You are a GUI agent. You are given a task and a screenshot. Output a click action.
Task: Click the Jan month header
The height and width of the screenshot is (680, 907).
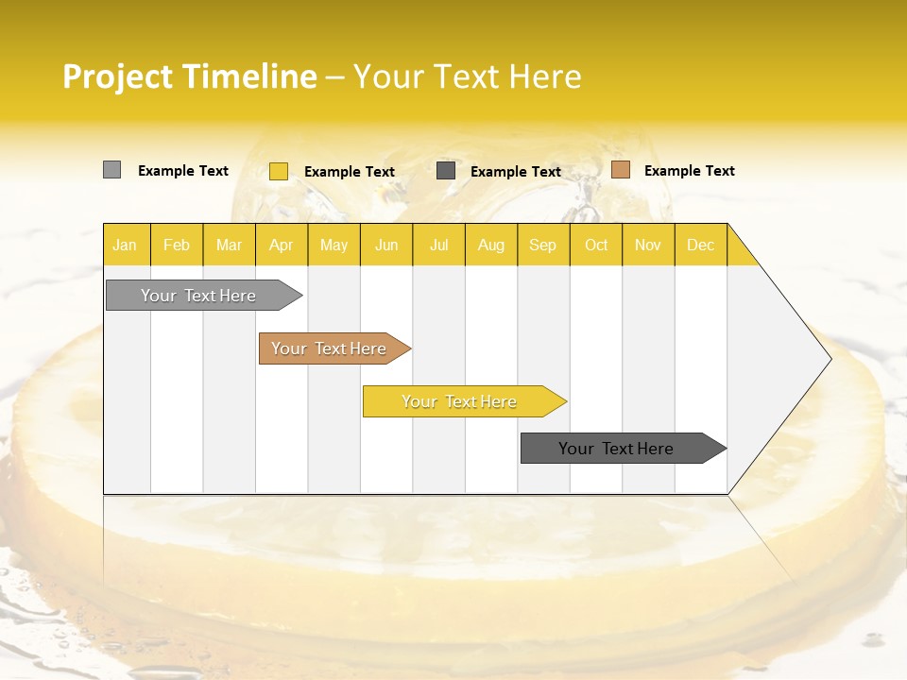click(x=126, y=245)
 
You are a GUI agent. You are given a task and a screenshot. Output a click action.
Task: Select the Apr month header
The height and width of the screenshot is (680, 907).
click(x=282, y=245)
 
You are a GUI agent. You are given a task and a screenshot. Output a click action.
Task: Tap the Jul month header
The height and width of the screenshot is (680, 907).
click(x=438, y=245)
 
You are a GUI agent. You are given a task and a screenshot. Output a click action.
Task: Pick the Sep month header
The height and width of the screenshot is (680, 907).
click(x=543, y=245)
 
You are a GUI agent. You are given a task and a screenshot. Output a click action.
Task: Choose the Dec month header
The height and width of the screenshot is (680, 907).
click(x=700, y=245)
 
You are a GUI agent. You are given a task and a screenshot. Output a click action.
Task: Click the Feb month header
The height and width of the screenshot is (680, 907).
click(x=177, y=245)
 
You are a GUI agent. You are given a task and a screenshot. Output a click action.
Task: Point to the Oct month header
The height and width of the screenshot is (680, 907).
click(x=596, y=245)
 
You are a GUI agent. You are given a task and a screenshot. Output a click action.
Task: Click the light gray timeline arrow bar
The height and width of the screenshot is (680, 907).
click(x=198, y=296)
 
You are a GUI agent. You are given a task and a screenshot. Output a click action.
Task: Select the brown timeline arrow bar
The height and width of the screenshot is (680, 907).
click(x=329, y=348)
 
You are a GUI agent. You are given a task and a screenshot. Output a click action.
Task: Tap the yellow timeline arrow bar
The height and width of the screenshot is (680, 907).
click(x=459, y=401)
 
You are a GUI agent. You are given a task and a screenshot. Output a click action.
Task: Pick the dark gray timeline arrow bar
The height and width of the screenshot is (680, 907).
click(x=616, y=449)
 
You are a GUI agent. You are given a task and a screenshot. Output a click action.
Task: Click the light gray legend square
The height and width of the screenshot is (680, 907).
click(x=112, y=170)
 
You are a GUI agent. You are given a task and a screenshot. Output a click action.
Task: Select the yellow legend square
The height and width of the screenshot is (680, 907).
click(x=279, y=171)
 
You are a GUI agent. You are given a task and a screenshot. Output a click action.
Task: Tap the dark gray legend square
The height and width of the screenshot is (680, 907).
click(x=446, y=171)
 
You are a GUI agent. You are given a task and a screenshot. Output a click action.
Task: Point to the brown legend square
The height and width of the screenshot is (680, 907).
click(x=621, y=170)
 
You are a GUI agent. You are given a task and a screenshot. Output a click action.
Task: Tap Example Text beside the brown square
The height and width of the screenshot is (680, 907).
click(x=689, y=171)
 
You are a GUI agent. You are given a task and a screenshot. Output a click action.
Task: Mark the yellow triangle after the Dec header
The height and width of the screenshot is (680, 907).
click(x=739, y=252)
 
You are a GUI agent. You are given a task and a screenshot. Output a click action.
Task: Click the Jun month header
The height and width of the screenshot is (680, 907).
click(x=386, y=245)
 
